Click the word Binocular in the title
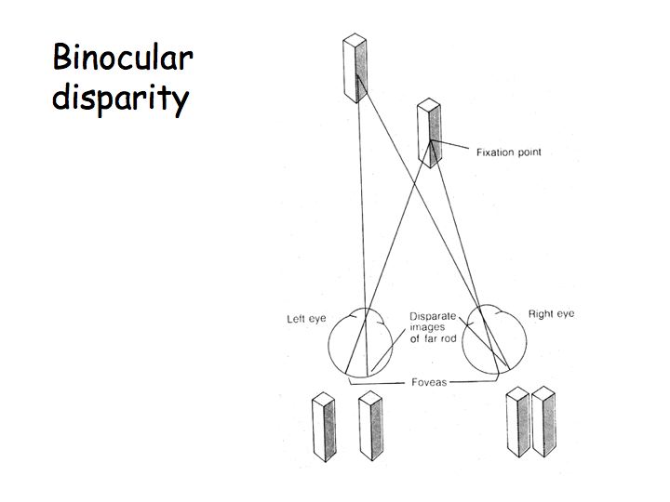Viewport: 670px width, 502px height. pos(122,58)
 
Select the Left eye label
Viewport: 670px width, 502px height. pos(306,319)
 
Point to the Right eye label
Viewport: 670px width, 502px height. pos(551,314)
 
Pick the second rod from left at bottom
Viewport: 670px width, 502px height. pos(370,427)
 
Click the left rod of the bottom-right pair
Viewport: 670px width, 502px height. pos(517,424)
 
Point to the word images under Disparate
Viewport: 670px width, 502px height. pos(426,328)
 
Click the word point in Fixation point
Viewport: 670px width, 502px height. pos(525,152)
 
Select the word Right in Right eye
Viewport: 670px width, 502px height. pos(541,314)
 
